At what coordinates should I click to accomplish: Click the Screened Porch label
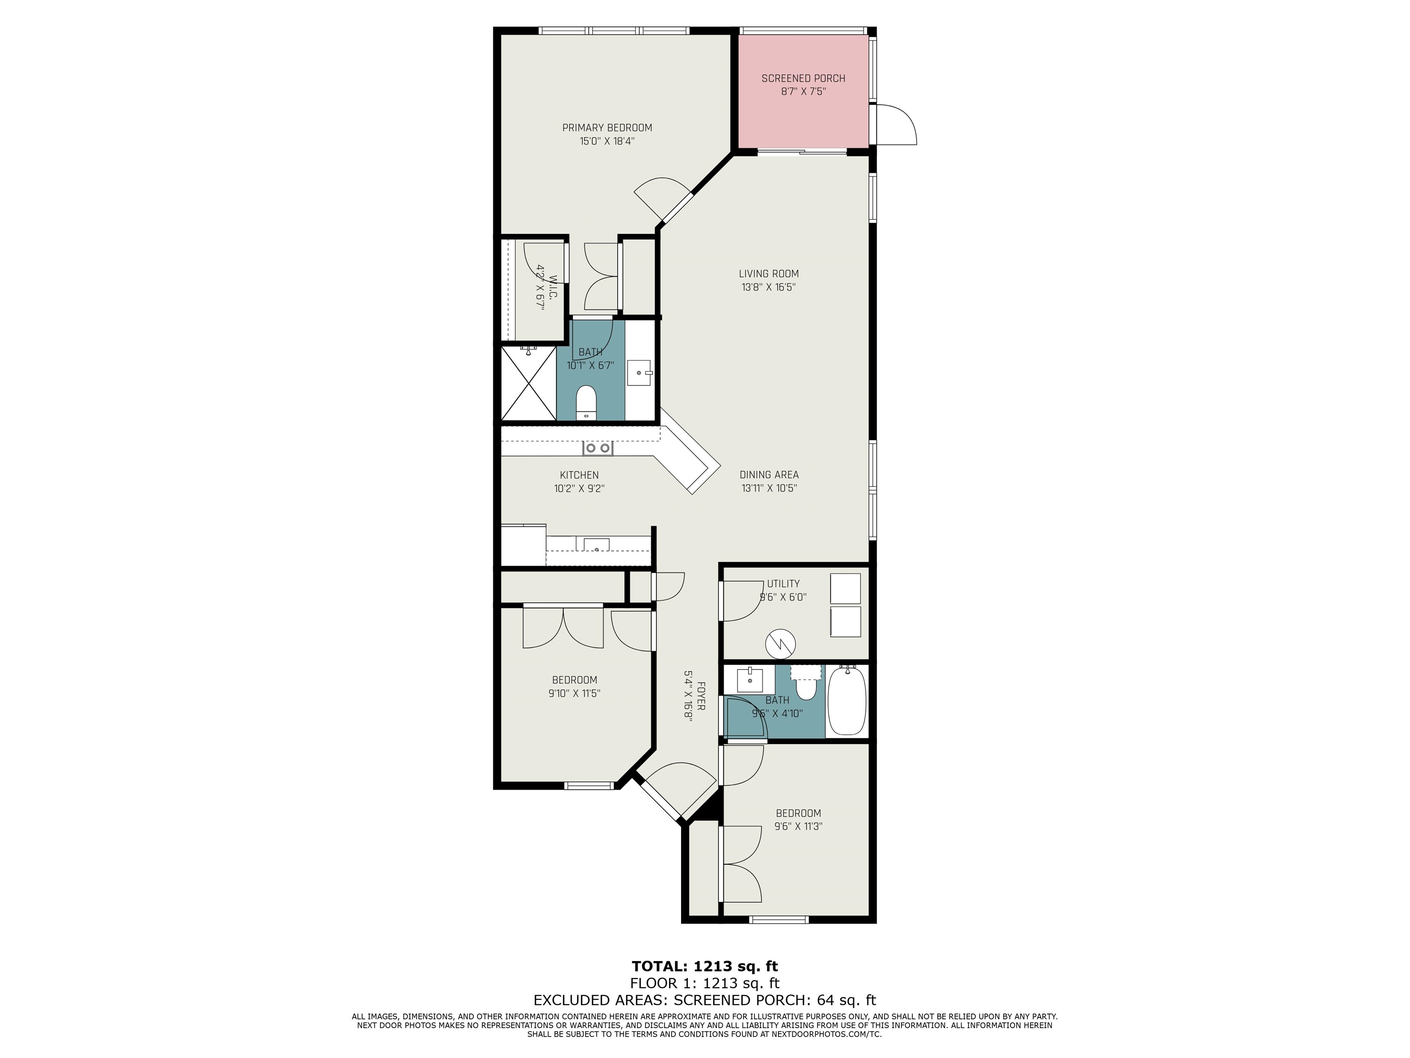(x=803, y=79)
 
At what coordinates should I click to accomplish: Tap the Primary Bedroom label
(x=607, y=128)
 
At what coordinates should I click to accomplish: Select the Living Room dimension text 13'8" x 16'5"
(x=768, y=287)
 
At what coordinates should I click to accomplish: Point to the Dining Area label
(x=769, y=474)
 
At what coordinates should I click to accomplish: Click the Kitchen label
(x=579, y=475)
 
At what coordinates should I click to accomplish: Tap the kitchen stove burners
(x=597, y=448)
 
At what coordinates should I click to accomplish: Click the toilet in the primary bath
(x=585, y=402)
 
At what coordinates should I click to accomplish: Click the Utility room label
(x=783, y=584)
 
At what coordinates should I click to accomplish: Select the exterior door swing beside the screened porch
(x=895, y=124)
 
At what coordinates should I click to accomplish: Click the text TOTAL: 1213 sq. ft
(x=705, y=966)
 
